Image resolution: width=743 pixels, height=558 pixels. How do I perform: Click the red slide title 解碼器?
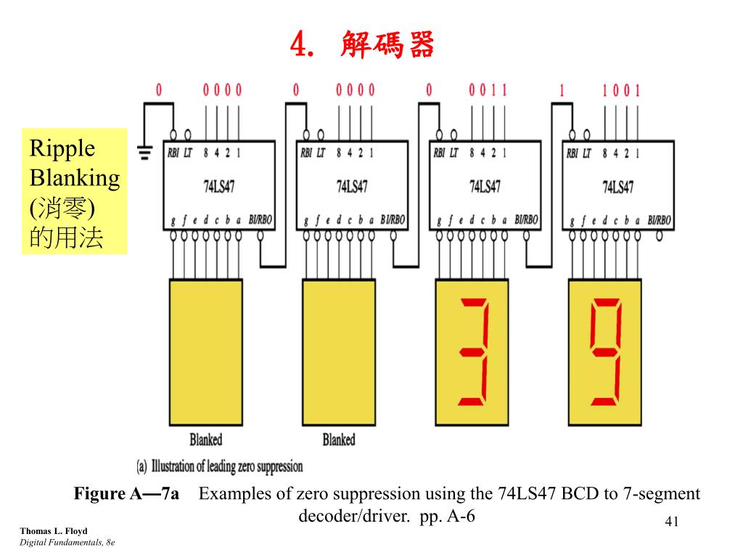386,46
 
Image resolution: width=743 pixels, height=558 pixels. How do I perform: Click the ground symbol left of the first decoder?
144,153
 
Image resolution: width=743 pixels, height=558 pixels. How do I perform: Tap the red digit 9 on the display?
604,352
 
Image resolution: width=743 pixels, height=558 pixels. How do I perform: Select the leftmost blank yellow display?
206,352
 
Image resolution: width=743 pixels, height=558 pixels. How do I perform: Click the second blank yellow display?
339,352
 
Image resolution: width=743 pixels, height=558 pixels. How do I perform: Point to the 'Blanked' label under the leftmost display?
206,440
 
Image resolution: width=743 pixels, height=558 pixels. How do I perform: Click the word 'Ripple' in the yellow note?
62,149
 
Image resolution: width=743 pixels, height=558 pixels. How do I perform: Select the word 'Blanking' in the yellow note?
74,178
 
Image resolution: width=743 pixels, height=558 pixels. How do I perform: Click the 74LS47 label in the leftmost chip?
218,187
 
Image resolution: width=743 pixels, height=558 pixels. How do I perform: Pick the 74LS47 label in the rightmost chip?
617,187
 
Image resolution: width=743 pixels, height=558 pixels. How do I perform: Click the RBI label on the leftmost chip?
174,153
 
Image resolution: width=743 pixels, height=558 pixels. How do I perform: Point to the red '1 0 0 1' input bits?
621,91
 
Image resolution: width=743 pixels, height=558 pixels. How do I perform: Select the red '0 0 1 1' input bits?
488,91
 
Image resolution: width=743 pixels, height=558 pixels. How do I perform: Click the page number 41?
671,522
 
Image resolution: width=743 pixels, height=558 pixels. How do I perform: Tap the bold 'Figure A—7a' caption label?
126,495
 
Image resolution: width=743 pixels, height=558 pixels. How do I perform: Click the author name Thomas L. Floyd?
53,531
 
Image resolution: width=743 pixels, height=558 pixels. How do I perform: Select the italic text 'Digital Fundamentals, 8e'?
67,543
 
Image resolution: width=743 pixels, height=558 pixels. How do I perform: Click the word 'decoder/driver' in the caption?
348,516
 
